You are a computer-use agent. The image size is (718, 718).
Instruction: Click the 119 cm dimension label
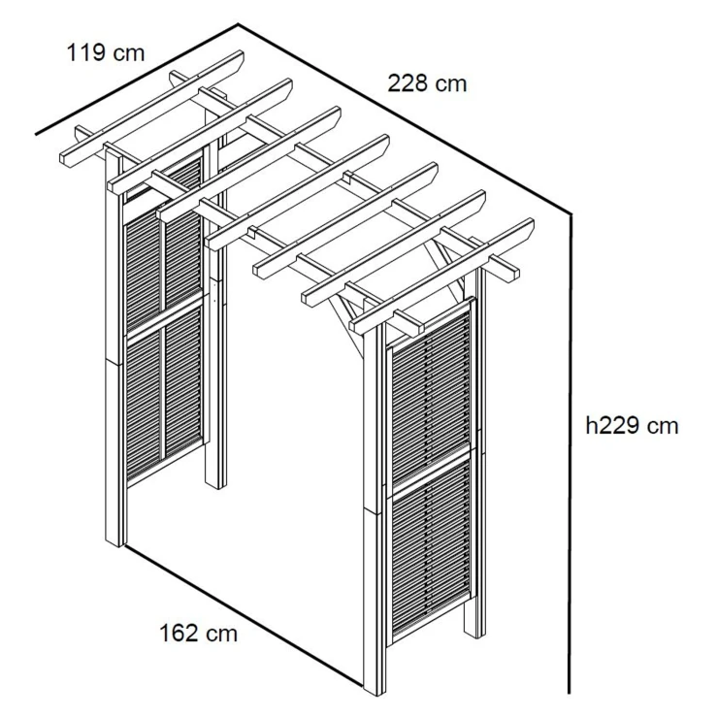pyautogui.click(x=106, y=52)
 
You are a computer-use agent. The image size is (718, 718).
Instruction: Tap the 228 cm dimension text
pyautogui.click(x=427, y=83)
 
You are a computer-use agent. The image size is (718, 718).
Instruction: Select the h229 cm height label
pyautogui.click(x=632, y=426)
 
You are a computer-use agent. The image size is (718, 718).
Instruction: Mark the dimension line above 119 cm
pyautogui.click(x=137, y=79)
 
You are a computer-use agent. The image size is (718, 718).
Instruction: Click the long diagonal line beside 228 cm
pyautogui.click(x=405, y=118)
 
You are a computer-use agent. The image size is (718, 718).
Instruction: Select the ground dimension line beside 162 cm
pyautogui.click(x=245, y=615)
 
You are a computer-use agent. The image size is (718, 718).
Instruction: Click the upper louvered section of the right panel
pyautogui.click(x=431, y=403)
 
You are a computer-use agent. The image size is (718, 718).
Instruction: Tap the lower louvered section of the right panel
pyautogui.click(x=431, y=549)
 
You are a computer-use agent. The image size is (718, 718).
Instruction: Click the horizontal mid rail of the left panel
pyautogui.click(x=164, y=317)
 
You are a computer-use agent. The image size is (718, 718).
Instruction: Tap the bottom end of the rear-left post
pyautogui.click(x=215, y=486)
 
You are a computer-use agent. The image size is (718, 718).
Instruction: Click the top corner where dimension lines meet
pyautogui.click(x=238, y=24)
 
